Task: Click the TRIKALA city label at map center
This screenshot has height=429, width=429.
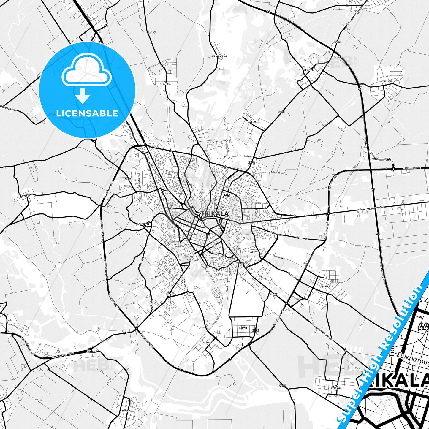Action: pos(215,214)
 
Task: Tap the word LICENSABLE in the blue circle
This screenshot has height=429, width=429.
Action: pos(87,113)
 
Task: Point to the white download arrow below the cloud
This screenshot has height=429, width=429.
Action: pos(83,96)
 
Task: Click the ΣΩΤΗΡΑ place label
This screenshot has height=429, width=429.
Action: pos(166,84)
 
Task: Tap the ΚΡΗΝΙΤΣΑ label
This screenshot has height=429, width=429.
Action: pos(309,70)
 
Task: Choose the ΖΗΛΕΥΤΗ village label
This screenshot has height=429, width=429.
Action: pos(387,81)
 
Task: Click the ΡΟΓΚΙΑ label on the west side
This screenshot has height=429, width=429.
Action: pos(26,196)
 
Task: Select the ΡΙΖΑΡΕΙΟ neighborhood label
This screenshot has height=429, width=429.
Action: pos(326,286)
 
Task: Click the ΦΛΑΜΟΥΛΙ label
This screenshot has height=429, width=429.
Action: pos(208,342)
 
